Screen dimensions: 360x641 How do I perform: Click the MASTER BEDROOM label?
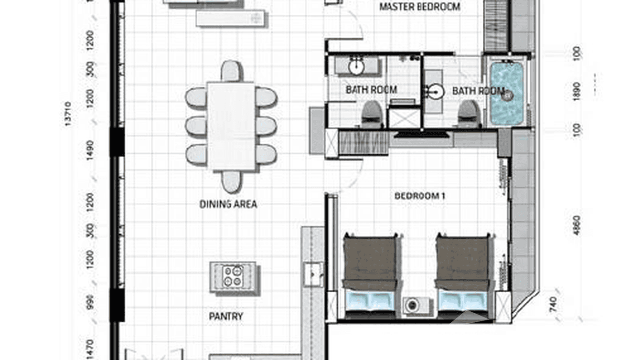(x=419, y=7)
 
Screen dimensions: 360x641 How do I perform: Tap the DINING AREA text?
(x=228, y=204)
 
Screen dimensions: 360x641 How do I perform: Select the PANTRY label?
(x=226, y=316)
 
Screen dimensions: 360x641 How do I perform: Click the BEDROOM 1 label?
(x=420, y=196)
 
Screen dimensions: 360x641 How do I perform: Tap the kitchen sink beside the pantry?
(x=313, y=274)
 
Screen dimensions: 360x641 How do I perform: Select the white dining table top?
(x=231, y=127)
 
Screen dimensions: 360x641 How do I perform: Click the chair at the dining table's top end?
(x=231, y=71)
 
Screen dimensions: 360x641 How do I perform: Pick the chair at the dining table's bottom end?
(x=231, y=181)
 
